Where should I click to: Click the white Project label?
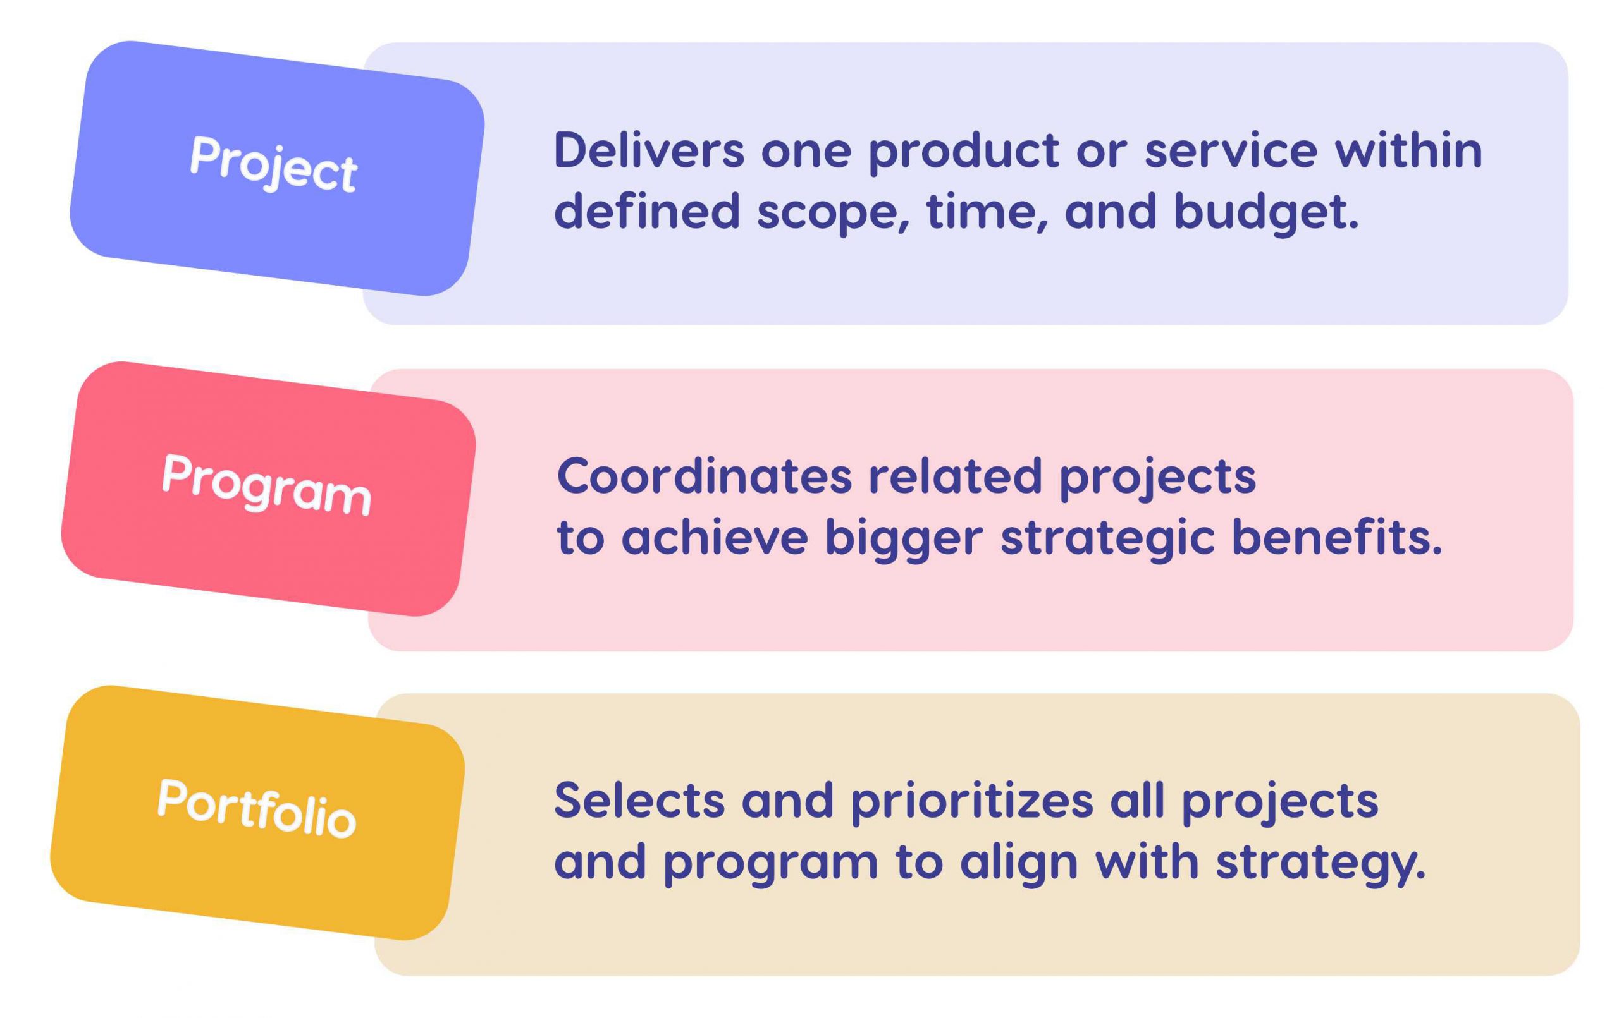pos(273,163)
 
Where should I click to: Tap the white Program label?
pos(266,485)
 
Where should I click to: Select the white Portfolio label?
pos(256,808)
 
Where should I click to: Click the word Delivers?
pos(649,150)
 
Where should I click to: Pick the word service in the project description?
pos(1231,150)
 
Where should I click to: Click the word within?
pos(1408,150)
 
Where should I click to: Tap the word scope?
pos(832,212)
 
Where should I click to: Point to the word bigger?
pos(904,539)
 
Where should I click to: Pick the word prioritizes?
pos(971,802)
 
